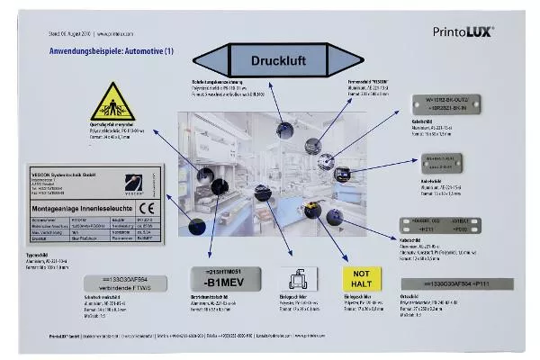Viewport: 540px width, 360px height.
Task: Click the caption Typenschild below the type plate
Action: click(46, 256)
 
